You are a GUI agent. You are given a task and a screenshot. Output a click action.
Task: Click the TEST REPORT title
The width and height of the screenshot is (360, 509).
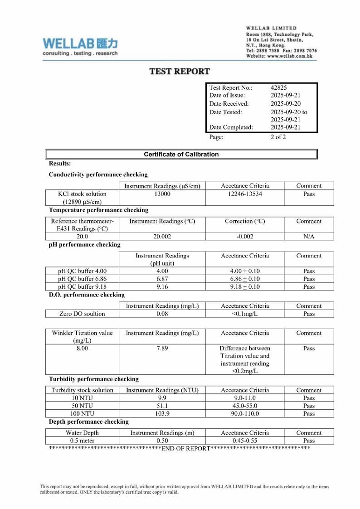180,71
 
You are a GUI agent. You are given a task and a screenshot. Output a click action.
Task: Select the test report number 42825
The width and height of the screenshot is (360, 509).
279,88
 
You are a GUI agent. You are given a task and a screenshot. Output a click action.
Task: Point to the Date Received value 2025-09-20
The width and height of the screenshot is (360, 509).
285,103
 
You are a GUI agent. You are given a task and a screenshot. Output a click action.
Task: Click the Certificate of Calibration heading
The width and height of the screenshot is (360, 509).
181,154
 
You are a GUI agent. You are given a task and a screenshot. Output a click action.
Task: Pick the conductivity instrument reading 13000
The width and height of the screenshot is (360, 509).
162,194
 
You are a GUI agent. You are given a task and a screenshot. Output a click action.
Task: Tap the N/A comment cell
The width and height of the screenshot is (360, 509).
308,236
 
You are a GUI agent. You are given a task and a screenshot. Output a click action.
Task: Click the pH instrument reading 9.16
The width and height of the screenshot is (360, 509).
162,286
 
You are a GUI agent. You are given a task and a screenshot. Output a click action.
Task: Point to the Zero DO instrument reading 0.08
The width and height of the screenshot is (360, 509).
162,314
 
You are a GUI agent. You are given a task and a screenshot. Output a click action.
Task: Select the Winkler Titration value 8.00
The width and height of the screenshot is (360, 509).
82,348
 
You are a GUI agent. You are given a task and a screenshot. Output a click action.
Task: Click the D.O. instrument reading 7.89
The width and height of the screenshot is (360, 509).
162,348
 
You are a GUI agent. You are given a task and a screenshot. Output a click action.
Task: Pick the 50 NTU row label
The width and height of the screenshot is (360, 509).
82,406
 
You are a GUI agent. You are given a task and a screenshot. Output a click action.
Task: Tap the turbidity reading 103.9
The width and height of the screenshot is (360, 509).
162,413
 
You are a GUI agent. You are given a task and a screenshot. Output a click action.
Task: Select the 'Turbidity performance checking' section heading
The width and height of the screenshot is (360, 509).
94,379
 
